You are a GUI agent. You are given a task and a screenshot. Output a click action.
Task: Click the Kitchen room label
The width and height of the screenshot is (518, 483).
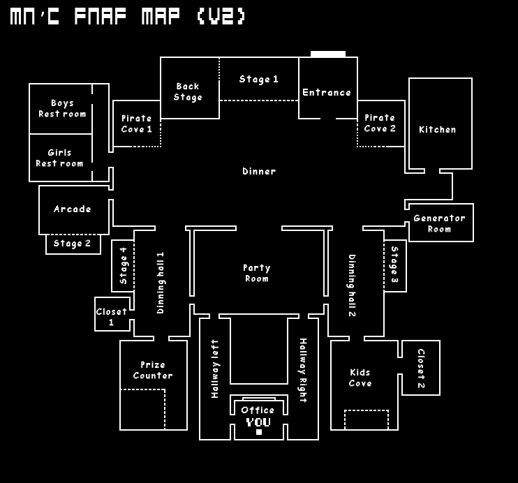[438, 130]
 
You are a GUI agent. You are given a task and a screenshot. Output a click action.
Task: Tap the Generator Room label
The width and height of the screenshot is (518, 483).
[439, 223]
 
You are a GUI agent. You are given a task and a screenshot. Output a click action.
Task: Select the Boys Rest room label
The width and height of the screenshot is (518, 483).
[62, 109]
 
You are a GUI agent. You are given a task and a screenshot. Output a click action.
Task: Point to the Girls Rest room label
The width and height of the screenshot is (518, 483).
[60, 158]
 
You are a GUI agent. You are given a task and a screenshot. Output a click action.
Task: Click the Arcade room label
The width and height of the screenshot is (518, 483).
[73, 209]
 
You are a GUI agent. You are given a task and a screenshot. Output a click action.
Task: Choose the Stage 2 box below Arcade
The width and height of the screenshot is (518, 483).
[73, 244]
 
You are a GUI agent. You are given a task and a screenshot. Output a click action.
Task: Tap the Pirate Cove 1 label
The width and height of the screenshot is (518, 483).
[137, 124]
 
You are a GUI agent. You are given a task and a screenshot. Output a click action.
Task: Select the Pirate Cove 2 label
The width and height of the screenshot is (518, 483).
[380, 123]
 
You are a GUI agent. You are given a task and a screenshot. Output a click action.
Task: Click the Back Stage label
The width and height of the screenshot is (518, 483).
[188, 92]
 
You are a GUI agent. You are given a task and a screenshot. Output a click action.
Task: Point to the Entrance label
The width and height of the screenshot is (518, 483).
[327, 93]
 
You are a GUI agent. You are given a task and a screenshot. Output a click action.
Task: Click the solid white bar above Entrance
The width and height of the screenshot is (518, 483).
[328, 54]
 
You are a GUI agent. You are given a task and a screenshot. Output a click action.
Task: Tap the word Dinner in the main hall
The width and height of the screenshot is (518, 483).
[259, 172]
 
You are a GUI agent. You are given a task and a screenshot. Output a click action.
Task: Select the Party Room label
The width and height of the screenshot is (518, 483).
[257, 273]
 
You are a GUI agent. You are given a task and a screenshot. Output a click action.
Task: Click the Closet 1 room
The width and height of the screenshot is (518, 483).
[112, 316]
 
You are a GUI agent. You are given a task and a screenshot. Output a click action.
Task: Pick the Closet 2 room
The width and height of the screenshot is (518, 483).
[421, 368]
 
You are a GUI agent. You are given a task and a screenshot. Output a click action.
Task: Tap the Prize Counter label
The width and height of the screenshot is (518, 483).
[153, 370]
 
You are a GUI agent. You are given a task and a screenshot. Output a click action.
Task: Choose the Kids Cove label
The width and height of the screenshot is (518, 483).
[360, 378]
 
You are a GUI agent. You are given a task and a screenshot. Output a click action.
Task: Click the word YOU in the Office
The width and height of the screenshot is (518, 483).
[258, 422]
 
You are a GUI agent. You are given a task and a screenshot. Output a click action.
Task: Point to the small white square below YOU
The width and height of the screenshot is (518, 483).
[259, 432]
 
